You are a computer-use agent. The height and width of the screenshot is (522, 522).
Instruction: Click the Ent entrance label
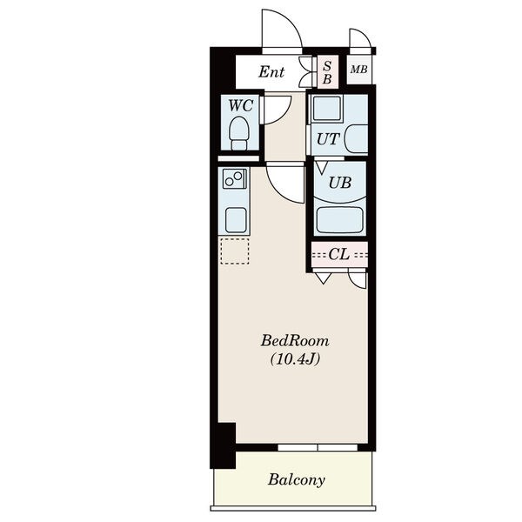[271, 71]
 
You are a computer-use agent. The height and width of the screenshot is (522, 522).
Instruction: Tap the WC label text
[241, 105]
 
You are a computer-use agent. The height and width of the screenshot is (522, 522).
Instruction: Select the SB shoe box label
[327, 72]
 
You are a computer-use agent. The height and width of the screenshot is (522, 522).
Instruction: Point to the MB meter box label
[358, 70]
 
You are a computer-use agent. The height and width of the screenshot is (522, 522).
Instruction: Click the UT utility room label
[328, 139]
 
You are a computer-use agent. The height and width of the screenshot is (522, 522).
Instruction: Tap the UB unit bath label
[339, 183]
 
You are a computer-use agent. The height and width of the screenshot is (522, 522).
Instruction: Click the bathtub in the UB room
[339, 220]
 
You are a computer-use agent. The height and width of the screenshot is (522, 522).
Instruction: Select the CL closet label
[339, 254]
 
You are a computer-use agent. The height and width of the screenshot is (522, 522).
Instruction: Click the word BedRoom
[295, 341]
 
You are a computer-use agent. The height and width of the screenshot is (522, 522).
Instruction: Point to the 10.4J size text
[295, 359]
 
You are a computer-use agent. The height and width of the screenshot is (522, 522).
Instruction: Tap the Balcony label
[297, 480]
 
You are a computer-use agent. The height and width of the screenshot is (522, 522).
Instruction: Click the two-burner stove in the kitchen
[235, 178]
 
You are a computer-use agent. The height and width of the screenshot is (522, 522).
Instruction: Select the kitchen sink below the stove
[236, 220]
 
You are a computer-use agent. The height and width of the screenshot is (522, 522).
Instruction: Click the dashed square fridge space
[235, 251]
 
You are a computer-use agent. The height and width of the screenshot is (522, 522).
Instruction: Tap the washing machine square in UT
[327, 108]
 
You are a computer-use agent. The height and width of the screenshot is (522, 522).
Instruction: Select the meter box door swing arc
[365, 33]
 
